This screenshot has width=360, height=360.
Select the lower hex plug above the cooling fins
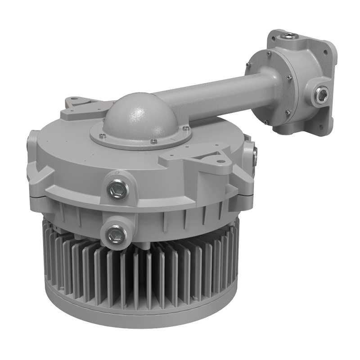click(117, 234)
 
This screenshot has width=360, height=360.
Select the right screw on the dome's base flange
click(185, 129)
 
